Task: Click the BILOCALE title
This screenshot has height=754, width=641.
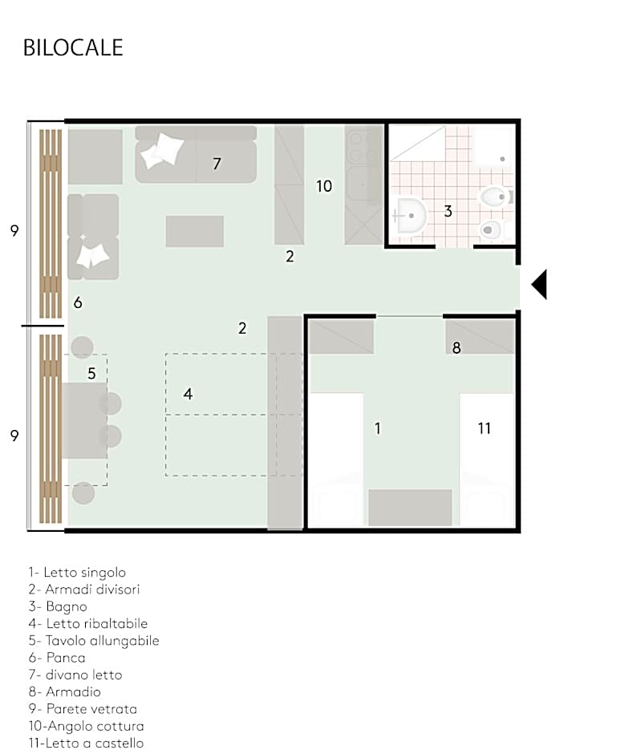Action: pos(73,47)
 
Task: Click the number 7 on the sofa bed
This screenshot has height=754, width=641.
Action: pos(217,164)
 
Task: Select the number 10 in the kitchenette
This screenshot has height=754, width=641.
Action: pos(323,186)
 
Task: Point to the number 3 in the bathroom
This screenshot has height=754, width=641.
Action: pos(448,211)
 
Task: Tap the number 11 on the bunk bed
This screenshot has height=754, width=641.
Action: pos(484,428)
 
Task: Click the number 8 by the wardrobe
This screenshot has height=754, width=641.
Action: pos(456,348)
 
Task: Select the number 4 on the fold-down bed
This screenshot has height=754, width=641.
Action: pos(188,394)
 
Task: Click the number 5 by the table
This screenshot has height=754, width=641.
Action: pos(91,373)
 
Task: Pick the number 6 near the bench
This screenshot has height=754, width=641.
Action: pos(77,302)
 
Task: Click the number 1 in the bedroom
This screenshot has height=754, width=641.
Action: pos(377,428)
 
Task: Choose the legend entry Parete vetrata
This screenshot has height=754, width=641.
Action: pos(82,709)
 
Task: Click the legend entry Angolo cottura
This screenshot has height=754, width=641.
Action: pos(86,726)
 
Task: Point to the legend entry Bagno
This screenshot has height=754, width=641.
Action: pos(57,606)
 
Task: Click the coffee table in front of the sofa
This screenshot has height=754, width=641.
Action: pos(194,231)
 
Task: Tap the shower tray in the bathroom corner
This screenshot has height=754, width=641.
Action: pos(493,144)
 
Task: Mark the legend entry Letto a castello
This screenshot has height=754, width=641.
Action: pos(86,743)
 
